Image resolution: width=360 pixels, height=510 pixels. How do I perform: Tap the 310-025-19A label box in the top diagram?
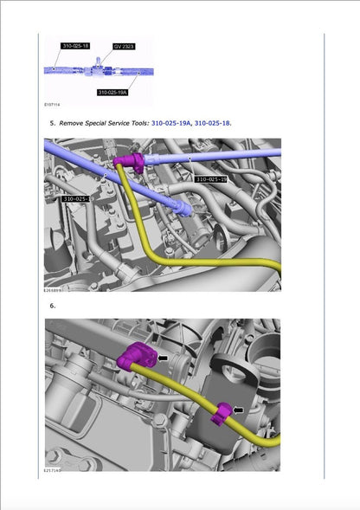(x=112, y=92)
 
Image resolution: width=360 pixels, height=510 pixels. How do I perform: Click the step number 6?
(x=52, y=306)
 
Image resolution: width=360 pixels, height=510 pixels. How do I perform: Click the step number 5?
(x=52, y=124)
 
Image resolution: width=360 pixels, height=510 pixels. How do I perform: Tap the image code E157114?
(x=54, y=105)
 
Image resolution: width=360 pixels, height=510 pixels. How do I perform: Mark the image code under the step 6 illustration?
(x=54, y=471)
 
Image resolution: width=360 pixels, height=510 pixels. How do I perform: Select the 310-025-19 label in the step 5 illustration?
(x=211, y=179)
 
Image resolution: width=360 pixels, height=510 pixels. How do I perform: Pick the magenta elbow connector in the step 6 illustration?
(x=136, y=356)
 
